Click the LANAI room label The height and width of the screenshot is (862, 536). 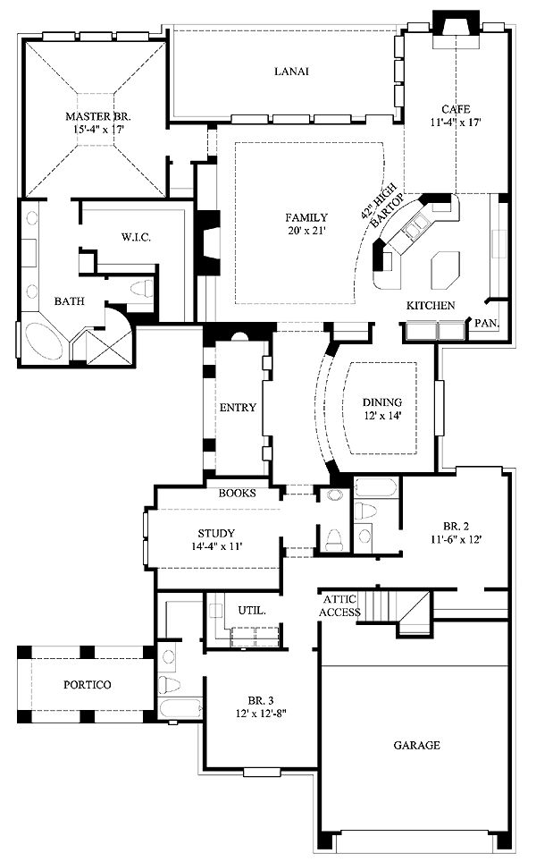click(x=291, y=72)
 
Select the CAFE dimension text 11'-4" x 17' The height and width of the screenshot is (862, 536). click(x=456, y=123)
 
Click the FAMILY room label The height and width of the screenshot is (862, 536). click(x=306, y=217)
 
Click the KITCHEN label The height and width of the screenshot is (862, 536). click(x=431, y=306)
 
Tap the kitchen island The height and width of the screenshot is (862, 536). click(x=445, y=267)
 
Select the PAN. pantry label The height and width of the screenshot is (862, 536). click(x=486, y=322)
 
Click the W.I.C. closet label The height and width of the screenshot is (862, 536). click(x=137, y=237)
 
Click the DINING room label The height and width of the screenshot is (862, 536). click(x=382, y=402)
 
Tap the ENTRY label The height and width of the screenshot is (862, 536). click(x=238, y=408)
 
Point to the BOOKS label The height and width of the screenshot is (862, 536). click(x=238, y=493)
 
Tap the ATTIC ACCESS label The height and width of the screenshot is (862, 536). click(x=340, y=605)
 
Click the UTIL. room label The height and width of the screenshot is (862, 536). click(x=250, y=610)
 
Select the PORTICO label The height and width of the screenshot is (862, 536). click(x=88, y=685)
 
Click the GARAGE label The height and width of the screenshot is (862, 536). click(x=416, y=745)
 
